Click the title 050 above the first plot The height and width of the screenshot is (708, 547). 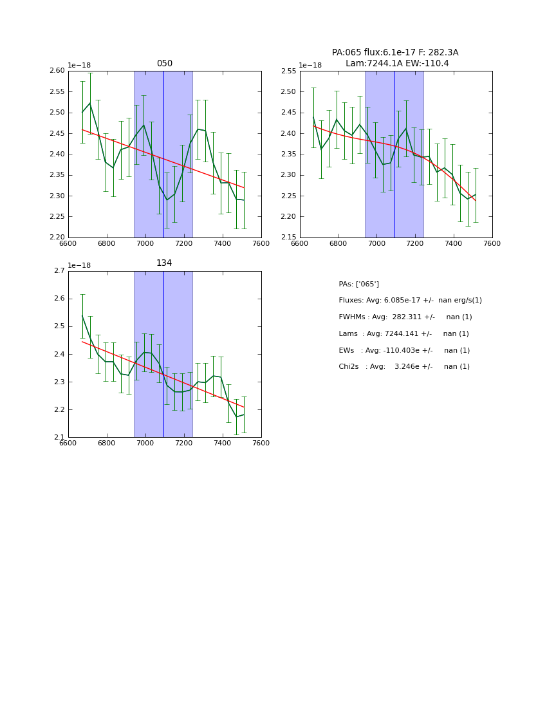pyautogui.click(x=164, y=64)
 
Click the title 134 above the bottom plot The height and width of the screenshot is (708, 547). pyautogui.click(x=164, y=263)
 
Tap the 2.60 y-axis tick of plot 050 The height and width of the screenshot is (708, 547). pyautogui.click(x=57, y=71)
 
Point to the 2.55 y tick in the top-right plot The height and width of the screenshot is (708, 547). pyautogui.click(x=288, y=71)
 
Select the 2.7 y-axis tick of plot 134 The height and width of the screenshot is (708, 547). pyautogui.click(x=59, y=271)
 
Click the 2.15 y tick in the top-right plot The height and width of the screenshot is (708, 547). pyautogui.click(x=288, y=238)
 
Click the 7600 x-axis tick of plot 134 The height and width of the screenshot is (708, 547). pyautogui.click(x=261, y=443)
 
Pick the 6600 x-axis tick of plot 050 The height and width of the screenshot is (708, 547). pyautogui.click(x=68, y=243)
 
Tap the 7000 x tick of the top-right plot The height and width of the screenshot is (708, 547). pyautogui.click(x=376, y=243)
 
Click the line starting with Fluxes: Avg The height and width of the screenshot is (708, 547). pyautogui.click(x=410, y=301)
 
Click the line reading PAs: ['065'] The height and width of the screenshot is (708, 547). pyautogui.click(x=358, y=284)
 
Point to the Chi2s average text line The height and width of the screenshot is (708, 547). pyautogui.click(x=404, y=367)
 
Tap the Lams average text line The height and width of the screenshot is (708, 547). pyautogui.click(x=403, y=334)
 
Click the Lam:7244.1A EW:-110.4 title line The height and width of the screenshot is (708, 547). pyautogui.click(x=397, y=64)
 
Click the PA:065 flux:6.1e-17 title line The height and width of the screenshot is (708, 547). pyautogui.click(x=395, y=53)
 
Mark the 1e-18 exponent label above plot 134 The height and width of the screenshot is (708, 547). pyautogui.click(x=79, y=265)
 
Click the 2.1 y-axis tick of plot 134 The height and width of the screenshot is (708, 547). pyautogui.click(x=59, y=438)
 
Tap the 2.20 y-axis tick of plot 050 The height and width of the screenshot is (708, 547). pyautogui.click(x=57, y=238)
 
